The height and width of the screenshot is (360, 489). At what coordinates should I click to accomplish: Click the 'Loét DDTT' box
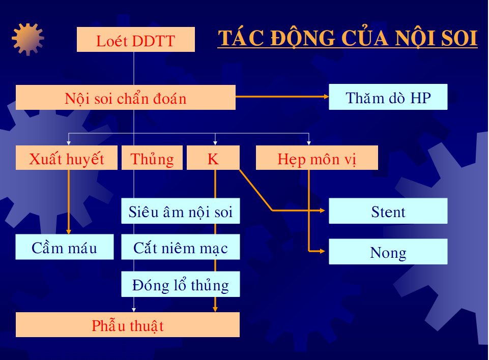click(136, 39)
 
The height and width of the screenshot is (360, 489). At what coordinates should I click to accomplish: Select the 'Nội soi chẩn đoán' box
click(125, 97)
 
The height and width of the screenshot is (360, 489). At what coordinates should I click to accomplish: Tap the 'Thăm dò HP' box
click(388, 97)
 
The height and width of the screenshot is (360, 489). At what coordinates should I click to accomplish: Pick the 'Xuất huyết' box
click(67, 158)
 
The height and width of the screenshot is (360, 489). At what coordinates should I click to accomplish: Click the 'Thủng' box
click(152, 158)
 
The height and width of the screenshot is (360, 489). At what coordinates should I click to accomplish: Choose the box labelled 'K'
click(213, 158)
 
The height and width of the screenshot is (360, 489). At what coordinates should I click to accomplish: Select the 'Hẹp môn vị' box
click(317, 158)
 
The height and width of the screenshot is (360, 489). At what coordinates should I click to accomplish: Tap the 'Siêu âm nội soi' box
click(181, 211)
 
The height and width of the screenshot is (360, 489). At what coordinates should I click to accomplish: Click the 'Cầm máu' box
click(65, 247)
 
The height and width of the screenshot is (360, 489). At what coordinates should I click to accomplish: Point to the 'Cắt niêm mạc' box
click(181, 247)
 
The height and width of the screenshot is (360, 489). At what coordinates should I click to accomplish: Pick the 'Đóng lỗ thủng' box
click(181, 284)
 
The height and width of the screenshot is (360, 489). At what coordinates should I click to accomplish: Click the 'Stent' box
click(388, 211)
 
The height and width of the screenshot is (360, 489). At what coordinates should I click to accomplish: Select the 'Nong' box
click(388, 252)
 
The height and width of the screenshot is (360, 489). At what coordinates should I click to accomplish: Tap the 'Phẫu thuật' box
click(128, 325)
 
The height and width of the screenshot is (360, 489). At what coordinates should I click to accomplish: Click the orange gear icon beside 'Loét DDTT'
click(28, 39)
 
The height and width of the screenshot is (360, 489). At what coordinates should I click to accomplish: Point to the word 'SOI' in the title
click(459, 38)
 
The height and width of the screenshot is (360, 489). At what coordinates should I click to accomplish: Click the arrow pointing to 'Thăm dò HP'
click(282, 97)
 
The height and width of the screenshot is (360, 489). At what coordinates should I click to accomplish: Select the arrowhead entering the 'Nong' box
click(322, 251)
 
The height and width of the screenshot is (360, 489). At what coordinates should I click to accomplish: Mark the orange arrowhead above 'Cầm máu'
click(69, 231)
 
